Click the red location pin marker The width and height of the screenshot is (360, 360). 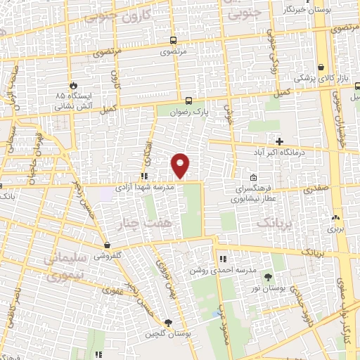[181, 165]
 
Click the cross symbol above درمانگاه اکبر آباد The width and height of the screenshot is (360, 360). [280, 141]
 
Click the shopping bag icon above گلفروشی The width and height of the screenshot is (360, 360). [106, 245]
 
